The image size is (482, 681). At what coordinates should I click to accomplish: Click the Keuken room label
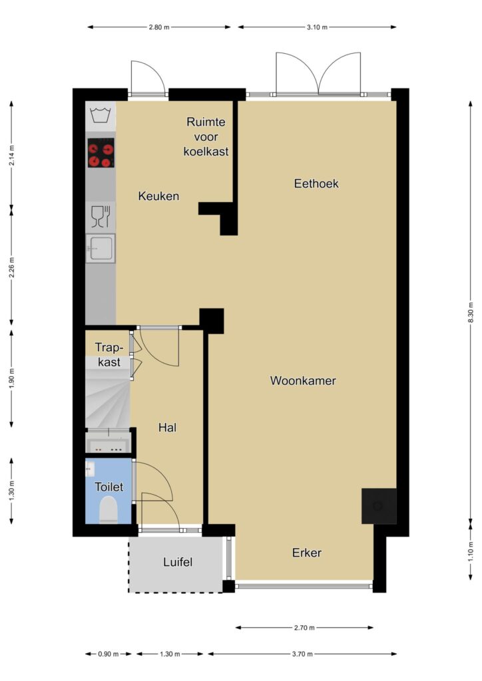pyautogui.click(x=158, y=196)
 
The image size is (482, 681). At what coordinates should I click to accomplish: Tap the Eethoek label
pyautogui.click(x=316, y=184)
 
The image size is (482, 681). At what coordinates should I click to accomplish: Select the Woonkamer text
pyautogui.click(x=303, y=380)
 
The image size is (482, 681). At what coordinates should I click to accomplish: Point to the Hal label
pyautogui.click(x=167, y=428)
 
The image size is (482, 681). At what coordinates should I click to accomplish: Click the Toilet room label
pyautogui.click(x=109, y=487)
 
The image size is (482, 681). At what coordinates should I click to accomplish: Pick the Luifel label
pyautogui.click(x=178, y=562)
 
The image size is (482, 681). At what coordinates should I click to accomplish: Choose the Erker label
pyautogui.click(x=307, y=553)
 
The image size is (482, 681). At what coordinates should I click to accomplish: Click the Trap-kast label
pyautogui.click(x=109, y=354)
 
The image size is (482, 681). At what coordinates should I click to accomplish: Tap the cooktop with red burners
pyautogui.click(x=101, y=153)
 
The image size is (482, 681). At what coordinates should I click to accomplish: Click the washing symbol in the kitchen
pyautogui.click(x=101, y=116)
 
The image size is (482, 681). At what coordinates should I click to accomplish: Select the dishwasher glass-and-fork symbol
pyautogui.click(x=101, y=217)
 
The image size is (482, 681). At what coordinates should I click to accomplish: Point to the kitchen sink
pyautogui.click(x=101, y=249)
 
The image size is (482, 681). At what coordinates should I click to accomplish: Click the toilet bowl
pyautogui.click(x=109, y=510)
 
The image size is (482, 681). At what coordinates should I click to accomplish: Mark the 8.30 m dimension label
pyautogui.click(x=470, y=313)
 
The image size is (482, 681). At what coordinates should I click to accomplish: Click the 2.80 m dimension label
pyautogui.click(x=158, y=27)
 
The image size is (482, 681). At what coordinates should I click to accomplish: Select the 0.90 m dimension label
pyautogui.click(x=109, y=654)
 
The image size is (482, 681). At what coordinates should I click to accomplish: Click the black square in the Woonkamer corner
pyautogui.click(x=379, y=506)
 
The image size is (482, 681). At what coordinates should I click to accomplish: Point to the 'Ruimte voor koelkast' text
pyautogui.click(x=206, y=137)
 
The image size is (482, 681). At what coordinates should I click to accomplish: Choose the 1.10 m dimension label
pyautogui.click(x=470, y=551)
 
